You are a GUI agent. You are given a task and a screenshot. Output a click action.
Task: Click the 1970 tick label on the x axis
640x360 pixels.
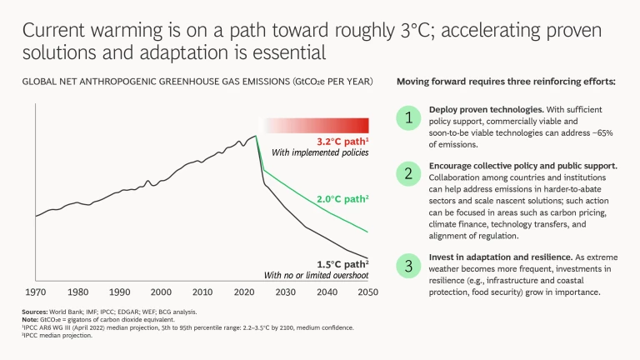35,292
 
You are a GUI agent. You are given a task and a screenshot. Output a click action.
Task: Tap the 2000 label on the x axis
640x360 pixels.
161,292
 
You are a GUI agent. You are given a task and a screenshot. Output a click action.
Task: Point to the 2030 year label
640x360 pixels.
286,292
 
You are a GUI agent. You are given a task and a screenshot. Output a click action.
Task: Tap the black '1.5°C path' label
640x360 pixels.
341,263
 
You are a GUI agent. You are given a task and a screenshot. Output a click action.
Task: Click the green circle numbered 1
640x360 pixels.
407,118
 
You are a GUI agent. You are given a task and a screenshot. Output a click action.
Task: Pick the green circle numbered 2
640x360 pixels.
407,173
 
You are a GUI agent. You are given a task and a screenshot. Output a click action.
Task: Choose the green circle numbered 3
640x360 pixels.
407,267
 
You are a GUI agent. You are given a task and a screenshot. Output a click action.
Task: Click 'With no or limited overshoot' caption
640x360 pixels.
317,275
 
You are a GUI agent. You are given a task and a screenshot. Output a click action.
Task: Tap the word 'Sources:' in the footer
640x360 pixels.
35,311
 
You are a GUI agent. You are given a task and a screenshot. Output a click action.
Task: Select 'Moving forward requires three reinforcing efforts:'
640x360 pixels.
506,82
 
